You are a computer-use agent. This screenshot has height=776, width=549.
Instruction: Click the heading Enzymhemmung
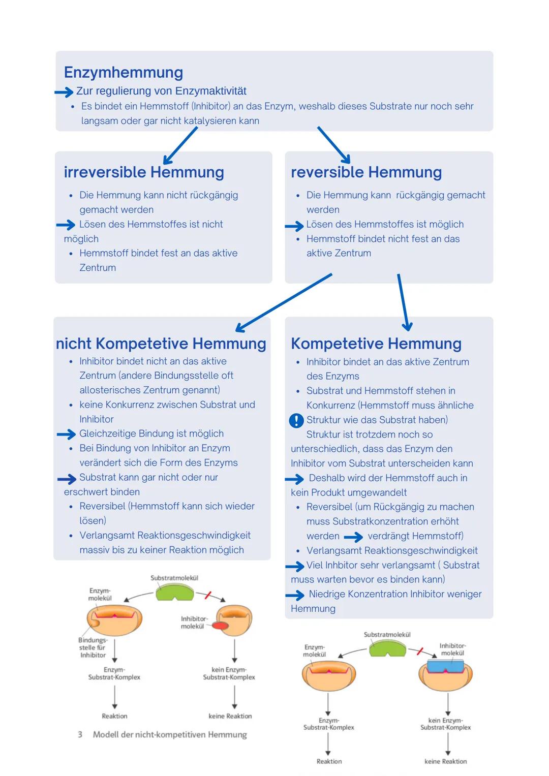coord(124,73)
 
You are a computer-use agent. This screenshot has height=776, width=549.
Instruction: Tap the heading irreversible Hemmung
coord(144,172)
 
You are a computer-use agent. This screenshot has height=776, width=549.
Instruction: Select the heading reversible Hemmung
coord(366,172)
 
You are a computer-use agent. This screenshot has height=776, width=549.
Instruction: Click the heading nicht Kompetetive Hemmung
coord(161,344)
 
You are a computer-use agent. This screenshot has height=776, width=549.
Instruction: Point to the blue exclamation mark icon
coord(296,420)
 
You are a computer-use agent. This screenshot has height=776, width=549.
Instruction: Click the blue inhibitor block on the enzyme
coord(446,666)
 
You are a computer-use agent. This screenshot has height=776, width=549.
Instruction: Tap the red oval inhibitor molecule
coord(220,626)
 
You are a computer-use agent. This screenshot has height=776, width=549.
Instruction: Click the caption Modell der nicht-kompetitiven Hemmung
coord(170,735)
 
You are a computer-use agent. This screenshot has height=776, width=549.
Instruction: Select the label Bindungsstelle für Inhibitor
coord(93,647)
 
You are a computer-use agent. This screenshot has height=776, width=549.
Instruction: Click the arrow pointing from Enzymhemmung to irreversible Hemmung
coord(180,145)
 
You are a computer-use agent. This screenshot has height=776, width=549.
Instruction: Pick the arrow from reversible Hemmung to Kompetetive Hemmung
coord(403,302)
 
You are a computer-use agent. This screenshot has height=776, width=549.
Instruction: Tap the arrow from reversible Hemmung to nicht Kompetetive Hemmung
coord(283,303)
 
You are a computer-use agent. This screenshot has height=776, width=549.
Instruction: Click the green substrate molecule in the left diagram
coord(174,592)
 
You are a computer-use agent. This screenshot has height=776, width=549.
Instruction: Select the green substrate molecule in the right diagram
coord(387,648)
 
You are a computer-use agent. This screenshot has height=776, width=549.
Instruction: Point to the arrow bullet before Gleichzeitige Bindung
coord(66,434)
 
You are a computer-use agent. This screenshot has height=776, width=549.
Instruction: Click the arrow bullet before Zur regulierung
coord(64,92)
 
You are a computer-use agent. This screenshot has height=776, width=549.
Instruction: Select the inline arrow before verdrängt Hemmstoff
coord(353,537)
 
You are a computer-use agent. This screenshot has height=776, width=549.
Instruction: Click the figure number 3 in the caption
coord(80,735)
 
